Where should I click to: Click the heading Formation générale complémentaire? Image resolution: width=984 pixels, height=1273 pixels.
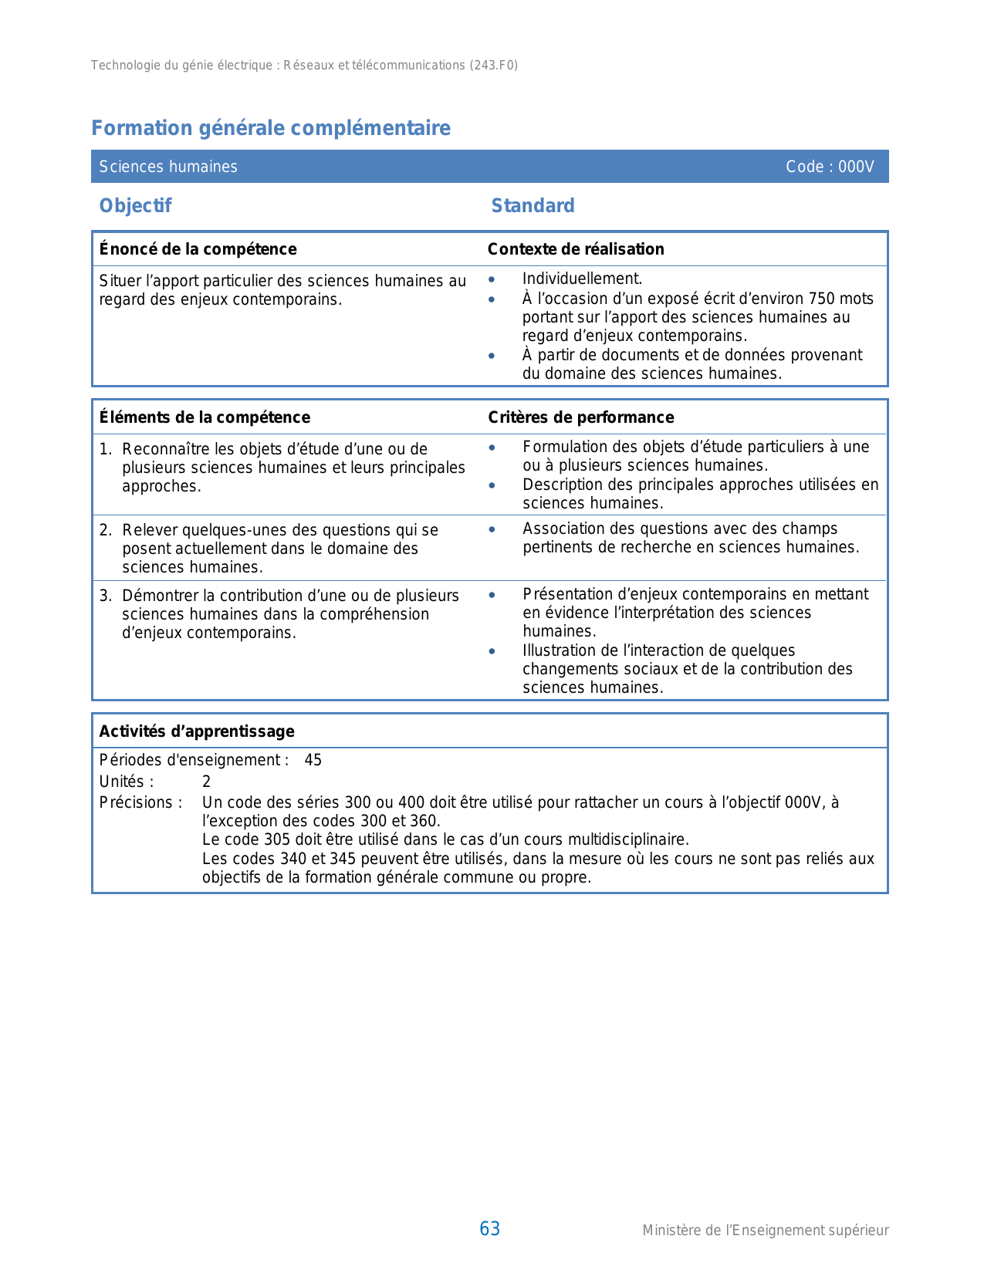(x=271, y=128)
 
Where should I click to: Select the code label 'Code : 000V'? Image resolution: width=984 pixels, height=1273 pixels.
(x=830, y=167)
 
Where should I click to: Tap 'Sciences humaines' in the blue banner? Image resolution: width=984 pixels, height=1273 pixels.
(x=168, y=167)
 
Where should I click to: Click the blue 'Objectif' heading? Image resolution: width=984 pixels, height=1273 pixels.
(x=135, y=206)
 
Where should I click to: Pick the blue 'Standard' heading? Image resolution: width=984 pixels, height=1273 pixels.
(x=533, y=206)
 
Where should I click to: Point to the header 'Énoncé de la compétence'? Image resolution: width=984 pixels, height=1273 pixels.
(x=198, y=249)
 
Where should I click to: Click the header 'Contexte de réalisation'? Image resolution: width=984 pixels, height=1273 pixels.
(x=576, y=249)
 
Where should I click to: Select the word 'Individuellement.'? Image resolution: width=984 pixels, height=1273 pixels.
(x=582, y=279)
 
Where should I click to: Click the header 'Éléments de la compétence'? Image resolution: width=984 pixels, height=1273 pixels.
(x=205, y=417)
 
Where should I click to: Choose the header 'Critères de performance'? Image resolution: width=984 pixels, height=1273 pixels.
(x=580, y=417)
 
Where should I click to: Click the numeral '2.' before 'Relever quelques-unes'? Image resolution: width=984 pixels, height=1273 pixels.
(x=106, y=530)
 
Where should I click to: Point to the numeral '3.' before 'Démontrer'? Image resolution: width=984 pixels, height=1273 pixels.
(x=106, y=596)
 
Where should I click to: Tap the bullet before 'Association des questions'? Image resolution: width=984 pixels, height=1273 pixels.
(x=492, y=529)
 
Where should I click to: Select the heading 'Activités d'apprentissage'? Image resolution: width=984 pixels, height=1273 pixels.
(x=197, y=731)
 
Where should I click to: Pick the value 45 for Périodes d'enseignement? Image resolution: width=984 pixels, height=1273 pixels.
(x=313, y=760)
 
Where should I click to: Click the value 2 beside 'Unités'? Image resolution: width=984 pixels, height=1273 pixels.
(x=206, y=782)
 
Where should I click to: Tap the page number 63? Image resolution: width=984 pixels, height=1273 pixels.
(x=489, y=1229)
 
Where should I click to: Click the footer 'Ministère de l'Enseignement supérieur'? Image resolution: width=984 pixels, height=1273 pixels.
(x=765, y=1231)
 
